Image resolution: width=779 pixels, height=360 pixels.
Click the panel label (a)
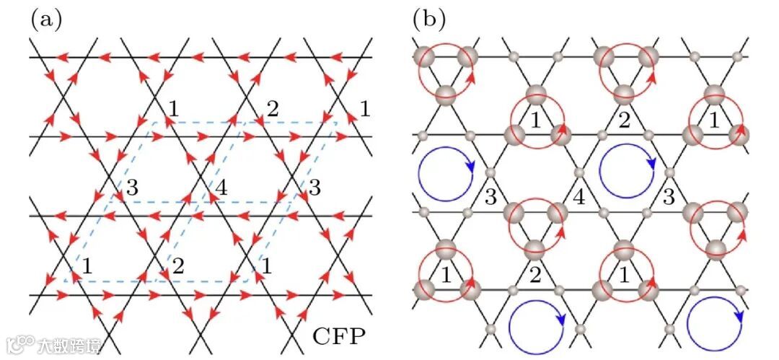point(45,19)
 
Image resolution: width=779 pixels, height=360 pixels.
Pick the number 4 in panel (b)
point(578,196)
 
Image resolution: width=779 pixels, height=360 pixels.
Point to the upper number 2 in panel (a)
point(272,110)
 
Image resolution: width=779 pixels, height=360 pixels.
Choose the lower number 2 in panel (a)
point(178,265)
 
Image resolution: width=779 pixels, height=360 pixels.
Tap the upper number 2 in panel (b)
point(625,120)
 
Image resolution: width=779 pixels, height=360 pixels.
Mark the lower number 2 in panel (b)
point(534,274)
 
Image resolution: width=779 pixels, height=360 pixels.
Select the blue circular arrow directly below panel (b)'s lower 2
point(537,328)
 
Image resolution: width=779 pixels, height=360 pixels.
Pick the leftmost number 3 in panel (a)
point(131,190)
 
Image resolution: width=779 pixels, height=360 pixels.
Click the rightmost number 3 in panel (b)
point(669,196)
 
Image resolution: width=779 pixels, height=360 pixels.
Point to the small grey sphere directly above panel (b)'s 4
point(578,173)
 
